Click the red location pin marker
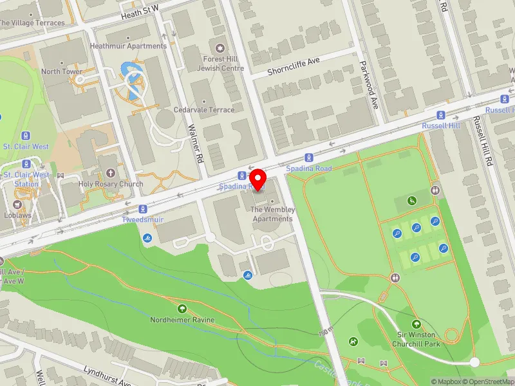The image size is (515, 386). tap(258, 179)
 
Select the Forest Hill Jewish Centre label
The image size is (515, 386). tap(220, 63)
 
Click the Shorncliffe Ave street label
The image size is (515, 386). tap(294, 64)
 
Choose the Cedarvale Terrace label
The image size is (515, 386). tap(208, 109)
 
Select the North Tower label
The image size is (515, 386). tap(62, 71)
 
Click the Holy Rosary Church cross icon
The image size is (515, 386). tap(111, 173)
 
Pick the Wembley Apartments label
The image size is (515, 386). tap(272, 214)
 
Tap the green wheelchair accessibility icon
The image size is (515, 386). tap(412, 201)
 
